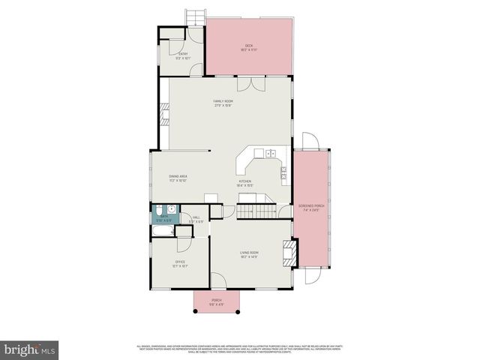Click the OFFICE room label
[180, 262]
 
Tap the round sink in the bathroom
[171, 208]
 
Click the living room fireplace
[288, 252]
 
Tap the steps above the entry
[196, 17]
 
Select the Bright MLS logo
[28, 349]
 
